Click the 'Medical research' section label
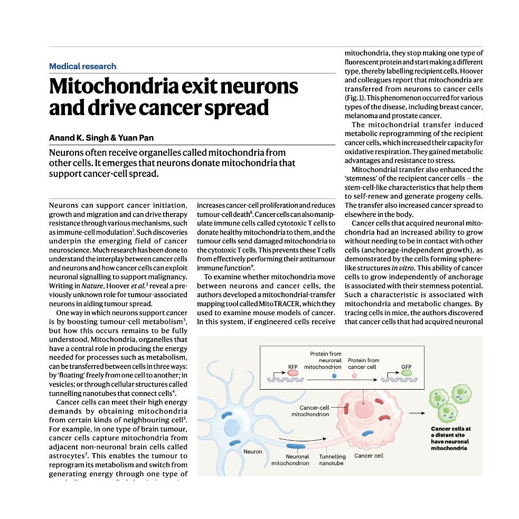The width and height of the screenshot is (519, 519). (x=82, y=67)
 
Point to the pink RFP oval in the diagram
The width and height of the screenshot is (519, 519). (x=292, y=373)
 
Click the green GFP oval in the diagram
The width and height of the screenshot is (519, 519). (x=407, y=373)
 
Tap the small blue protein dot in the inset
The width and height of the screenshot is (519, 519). (x=334, y=375)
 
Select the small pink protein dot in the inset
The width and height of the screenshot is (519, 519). (x=354, y=375)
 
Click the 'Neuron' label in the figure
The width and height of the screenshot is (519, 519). (x=252, y=452)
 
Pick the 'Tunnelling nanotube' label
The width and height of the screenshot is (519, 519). (x=332, y=460)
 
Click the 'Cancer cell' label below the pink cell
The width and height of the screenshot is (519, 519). (x=369, y=456)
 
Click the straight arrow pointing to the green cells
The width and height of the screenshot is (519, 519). (x=417, y=413)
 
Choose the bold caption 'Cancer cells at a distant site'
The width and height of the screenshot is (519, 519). (x=450, y=432)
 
